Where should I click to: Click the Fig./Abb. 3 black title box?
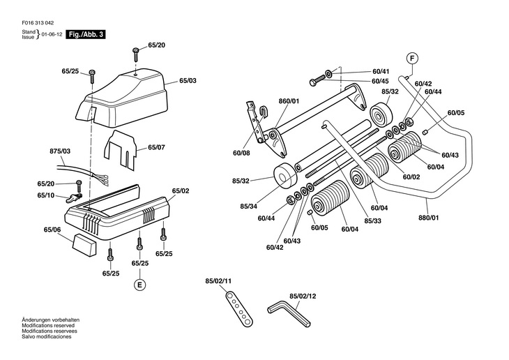(x=86, y=34)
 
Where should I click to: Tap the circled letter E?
(x=140, y=285)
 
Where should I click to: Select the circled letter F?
(x=412, y=59)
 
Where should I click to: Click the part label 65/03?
(x=188, y=80)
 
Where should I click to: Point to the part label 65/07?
(x=156, y=147)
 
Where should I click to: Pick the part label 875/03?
(x=60, y=151)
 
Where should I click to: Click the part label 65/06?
(x=52, y=230)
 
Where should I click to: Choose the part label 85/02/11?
(x=218, y=281)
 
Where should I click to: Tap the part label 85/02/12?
(x=303, y=297)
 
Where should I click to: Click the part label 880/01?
(x=429, y=218)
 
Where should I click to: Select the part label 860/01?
(x=289, y=101)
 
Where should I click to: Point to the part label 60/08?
(x=241, y=153)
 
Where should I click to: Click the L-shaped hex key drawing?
(x=289, y=312)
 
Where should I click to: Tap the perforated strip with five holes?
(x=239, y=308)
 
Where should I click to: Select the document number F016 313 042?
(x=38, y=23)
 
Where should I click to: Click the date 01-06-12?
(x=52, y=34)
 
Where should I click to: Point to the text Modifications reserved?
(x=48, y=326)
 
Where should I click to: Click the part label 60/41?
(x=381, y=71)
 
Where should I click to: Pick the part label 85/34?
(x=249, y=207)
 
